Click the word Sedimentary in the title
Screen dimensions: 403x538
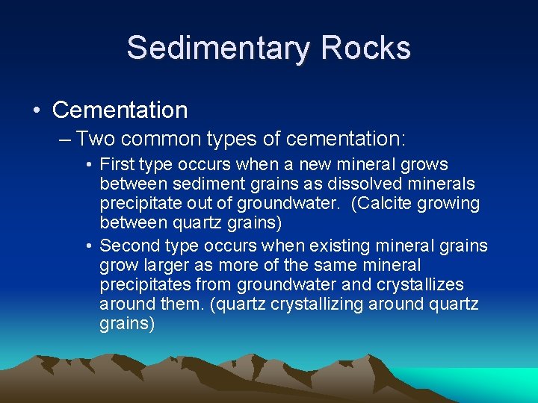217,49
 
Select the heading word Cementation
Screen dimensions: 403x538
120,110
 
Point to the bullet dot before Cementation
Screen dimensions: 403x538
37,111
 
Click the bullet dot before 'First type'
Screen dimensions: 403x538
89,165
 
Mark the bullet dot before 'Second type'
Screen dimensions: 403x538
89,246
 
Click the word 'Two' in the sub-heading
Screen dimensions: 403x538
94,139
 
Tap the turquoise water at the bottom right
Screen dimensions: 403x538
493,381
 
